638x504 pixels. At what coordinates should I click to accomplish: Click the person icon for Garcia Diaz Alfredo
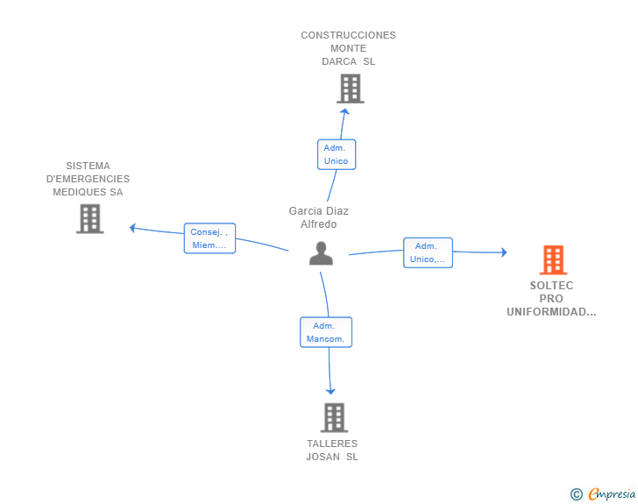click(x=321, y=253)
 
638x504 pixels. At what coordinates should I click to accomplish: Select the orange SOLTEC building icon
click(x=553, y=259)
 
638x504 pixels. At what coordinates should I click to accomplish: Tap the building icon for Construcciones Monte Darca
click(x=351, y=89)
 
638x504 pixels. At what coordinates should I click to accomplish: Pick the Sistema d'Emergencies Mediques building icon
click(x=90, y=218)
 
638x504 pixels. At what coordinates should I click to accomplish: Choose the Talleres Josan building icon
click(x=334, y=417)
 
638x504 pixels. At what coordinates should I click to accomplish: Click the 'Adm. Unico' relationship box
click(x=337, y=154)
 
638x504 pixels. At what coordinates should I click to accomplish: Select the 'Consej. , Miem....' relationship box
click(x=209, y=238)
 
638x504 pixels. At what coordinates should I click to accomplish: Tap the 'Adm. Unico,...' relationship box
click(x=428, y=252)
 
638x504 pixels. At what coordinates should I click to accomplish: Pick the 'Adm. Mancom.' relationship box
click(x=326, y=332)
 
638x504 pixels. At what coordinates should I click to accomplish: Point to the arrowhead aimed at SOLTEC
click(x=504, y=252)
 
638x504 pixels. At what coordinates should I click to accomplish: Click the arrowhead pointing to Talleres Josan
click(x=330, y=392)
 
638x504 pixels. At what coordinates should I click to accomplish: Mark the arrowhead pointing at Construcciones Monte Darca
click(x=344, y=111)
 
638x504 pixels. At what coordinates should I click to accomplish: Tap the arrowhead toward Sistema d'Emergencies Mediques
click(x=132, y=228)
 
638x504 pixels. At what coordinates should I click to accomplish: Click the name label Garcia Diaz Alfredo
click(x=319, y=217)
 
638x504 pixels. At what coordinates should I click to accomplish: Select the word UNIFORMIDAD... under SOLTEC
click(x=551, y=312)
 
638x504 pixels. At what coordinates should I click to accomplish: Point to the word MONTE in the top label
click(x=348, y=48)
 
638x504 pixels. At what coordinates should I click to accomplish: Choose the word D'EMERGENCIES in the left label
click(x=88, y=179)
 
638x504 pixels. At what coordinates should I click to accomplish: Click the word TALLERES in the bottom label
click(x=332, y=444)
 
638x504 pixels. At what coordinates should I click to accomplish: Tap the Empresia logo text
click(x=612, y=493)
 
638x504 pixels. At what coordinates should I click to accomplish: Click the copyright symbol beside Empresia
click(x=577, y=494)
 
